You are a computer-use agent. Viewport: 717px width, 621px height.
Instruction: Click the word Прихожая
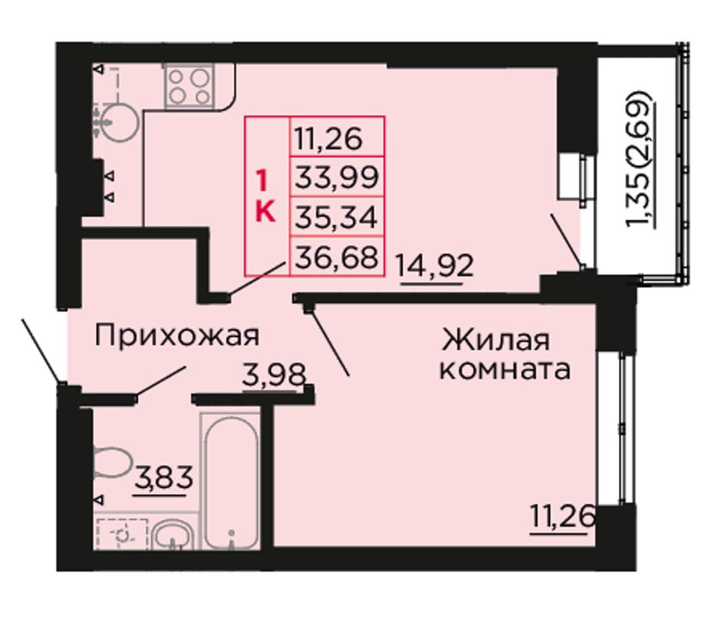pos(177,335)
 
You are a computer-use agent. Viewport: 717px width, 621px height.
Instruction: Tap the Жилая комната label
pos(505,354)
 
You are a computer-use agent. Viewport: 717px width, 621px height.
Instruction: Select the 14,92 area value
pos(435,265)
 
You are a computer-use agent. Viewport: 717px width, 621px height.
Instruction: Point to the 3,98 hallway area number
pos(274,375)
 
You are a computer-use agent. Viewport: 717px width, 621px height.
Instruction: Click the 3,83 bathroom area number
pos(163,477)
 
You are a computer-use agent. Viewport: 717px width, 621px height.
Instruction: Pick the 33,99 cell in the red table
pos(337,177)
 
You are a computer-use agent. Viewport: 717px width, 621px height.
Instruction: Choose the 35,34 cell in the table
pos(337,217)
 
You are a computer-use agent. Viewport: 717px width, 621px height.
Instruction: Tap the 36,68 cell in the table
pos(337,257)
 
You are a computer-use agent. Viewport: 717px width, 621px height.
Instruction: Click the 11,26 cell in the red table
pos(337,137)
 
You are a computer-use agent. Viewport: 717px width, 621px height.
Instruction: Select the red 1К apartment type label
pos(266,196)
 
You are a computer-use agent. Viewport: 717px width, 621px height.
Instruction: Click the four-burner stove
pos(189,85)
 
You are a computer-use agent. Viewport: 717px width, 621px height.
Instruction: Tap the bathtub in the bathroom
pos(231,481)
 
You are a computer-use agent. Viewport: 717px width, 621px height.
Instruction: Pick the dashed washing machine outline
pos(122,534)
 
